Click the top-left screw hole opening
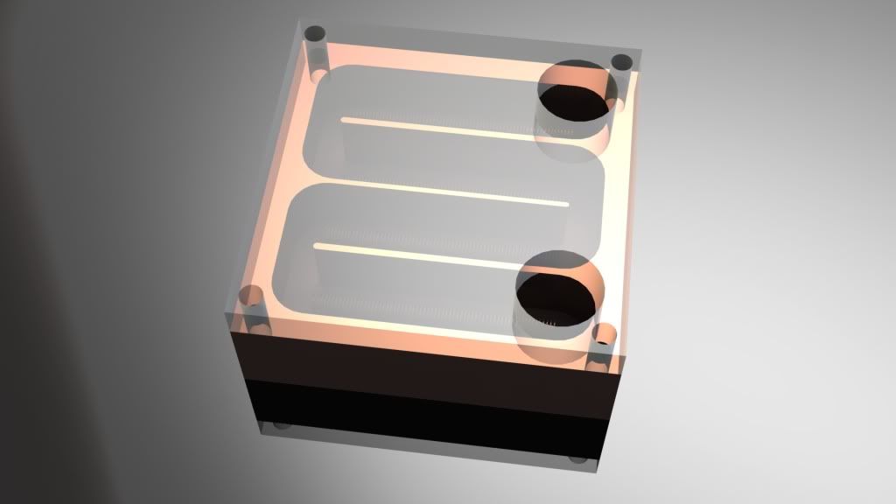click(315, 35)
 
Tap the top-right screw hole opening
click(622, 62)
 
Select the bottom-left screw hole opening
click(253, 296)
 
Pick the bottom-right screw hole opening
click(604, 333)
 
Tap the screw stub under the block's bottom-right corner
click(577, 459)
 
